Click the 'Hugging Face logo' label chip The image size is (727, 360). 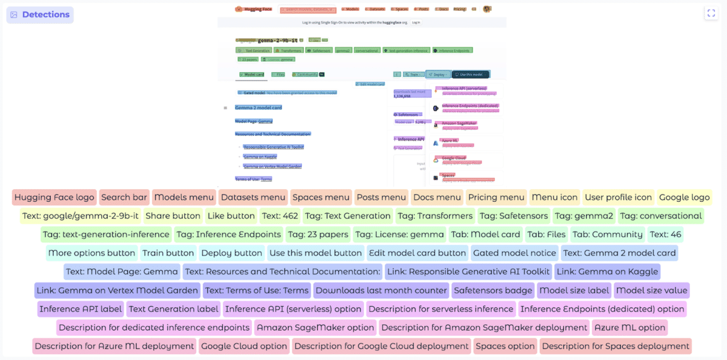click(55, 197)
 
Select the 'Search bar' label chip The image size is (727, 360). click(124, 197)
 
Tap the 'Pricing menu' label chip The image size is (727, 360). click(496, 197)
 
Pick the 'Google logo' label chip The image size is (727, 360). click(684, 197)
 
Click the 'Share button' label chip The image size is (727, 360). click(173, 216)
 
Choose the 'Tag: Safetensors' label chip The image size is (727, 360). click(514, 216)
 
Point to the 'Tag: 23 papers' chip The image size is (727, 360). click(318, 235)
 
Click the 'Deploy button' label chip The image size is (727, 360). click(231, 253)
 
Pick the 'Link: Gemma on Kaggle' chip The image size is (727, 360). click(606, 272)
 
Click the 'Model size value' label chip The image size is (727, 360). click(652, 290)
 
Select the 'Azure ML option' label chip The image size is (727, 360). click(630, 328)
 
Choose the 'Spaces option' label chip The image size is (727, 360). click(505, 347)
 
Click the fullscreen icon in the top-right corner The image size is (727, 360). click(711, 13)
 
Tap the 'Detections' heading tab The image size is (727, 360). click(40, 15)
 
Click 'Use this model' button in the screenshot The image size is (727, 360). click(471, 75)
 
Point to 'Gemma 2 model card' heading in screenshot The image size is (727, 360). click(259, 107)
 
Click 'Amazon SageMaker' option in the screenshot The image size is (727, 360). click(459, 123)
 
